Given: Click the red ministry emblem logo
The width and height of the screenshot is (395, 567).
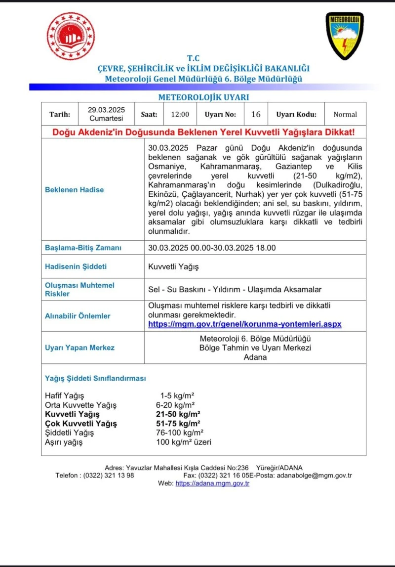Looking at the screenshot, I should [71, 36].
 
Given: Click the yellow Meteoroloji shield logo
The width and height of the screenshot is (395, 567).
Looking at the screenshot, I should [345, 36].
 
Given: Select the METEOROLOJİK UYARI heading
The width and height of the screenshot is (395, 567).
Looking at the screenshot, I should [203, 97].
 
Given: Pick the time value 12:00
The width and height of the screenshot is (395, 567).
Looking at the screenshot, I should [180, 114].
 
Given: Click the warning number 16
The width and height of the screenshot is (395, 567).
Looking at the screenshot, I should [256, 114].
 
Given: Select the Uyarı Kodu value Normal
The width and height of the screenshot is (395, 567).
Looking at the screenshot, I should [345, 114].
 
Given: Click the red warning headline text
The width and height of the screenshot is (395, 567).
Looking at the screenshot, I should [203, 132].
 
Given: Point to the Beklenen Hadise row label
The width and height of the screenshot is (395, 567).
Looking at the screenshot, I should [75, 190].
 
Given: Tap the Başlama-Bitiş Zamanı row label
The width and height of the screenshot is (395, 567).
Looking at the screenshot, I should [83, 248].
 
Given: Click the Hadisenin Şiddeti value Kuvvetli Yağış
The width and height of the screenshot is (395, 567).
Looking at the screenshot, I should [173, 267].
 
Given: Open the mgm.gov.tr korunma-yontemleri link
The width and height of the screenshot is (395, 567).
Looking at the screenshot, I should [245, 324].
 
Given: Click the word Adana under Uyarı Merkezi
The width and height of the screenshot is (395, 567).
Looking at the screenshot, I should [255, 357].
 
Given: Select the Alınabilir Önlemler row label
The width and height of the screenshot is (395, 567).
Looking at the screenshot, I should [78, 316].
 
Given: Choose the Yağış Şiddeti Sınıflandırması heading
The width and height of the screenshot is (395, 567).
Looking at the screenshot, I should [96, 379].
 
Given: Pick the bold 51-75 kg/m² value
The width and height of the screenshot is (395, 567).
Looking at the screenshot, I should [178, 424].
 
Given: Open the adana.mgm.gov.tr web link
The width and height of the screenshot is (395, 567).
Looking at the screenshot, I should [212, 483].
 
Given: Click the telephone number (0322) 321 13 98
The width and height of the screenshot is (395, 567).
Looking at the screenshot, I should [110, 476].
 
